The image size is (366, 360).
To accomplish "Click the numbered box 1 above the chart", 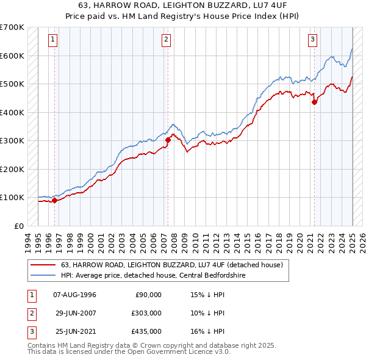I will tap(54, 40).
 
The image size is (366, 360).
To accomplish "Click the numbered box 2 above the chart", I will tap(166, 40).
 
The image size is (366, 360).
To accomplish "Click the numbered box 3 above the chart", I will tap(312, 40).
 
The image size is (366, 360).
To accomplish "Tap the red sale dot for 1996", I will tap(54, 200).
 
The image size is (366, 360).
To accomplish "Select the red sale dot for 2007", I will tap(168, 140).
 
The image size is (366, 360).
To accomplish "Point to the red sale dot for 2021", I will tap(315, 103).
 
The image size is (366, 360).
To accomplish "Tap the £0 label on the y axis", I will tap(18, 226).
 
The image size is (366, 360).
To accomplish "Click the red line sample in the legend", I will tap(43, 265).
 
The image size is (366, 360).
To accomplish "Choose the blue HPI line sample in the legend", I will tap(43, 276).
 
